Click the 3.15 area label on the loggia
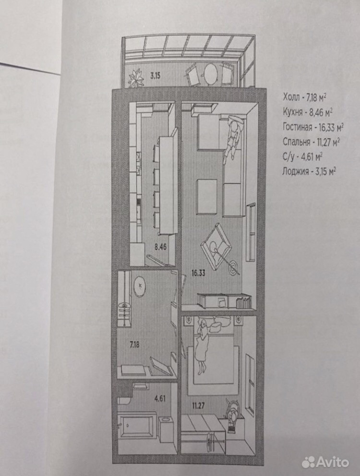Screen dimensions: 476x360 tap(154, 75)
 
